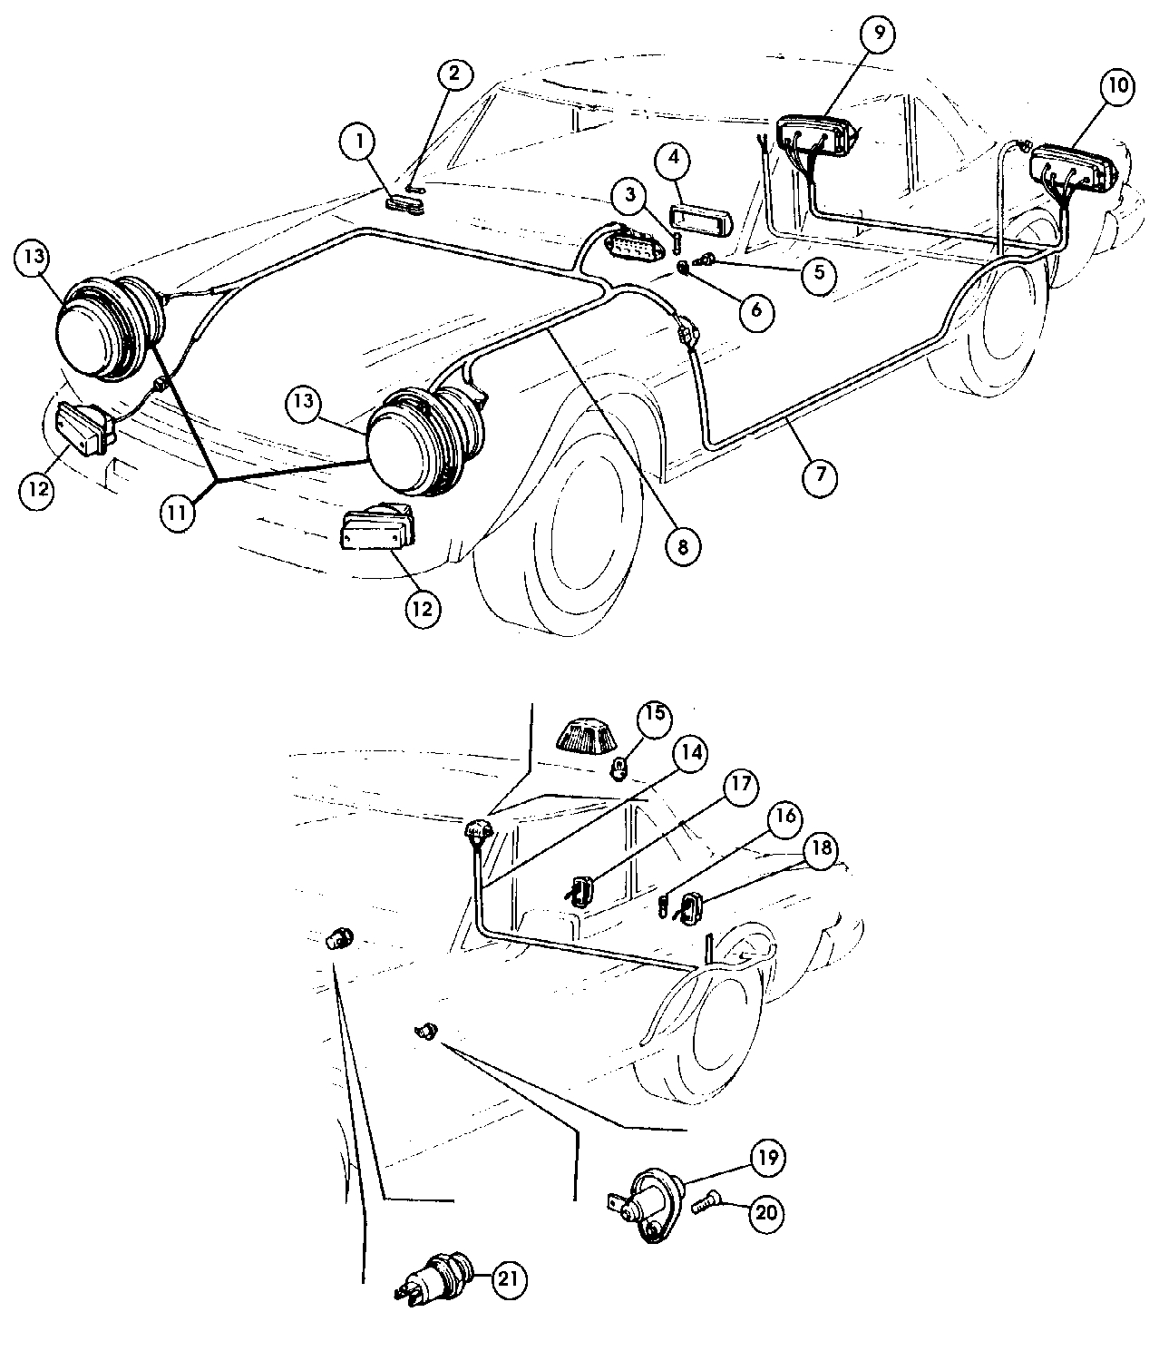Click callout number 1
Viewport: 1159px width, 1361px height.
coord(360,142)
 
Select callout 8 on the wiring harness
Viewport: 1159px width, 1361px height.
coord(681,545)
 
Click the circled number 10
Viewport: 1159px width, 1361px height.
coord(1117,86)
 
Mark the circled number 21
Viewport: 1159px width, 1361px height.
coord(508,1279)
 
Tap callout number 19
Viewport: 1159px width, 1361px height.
coord(766,1157)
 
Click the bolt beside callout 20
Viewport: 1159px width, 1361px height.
coord(705,1206)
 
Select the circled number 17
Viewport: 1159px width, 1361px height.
coord(741,784)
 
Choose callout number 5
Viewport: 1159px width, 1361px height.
coord(818,272)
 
